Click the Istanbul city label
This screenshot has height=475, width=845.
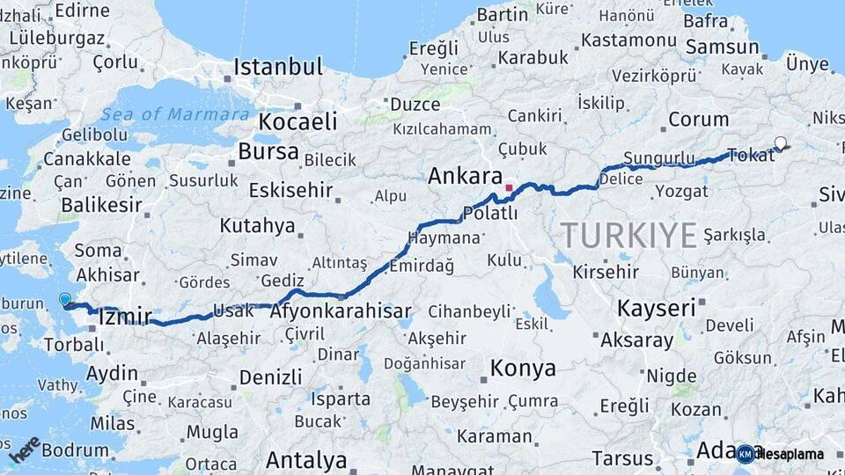(278, 68)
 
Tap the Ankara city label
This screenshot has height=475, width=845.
(465, 176)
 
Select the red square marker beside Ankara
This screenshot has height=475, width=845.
(509, 187)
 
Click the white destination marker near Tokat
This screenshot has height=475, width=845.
(781, 142)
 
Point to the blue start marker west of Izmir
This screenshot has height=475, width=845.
(65, 300)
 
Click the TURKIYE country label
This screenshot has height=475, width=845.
(629, 235)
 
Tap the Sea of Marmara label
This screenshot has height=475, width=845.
(174, 114)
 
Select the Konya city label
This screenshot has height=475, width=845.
(523, 368)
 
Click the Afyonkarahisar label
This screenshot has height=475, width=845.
(341, 311)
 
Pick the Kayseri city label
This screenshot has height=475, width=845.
(656, 308)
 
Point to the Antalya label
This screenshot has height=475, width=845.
(306, 459)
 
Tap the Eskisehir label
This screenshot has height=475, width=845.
(290, 190)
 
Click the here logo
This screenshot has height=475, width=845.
(24, 449)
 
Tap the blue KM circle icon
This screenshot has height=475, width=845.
(746, 454)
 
